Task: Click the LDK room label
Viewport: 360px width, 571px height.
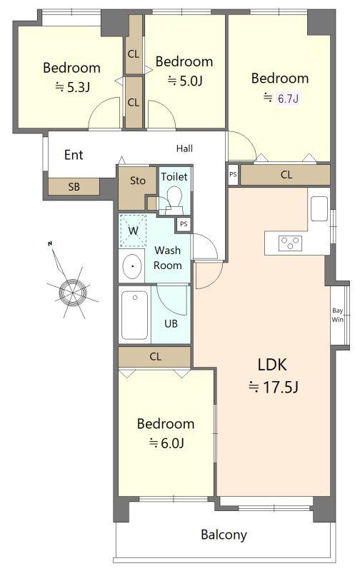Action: [x=272, y=365]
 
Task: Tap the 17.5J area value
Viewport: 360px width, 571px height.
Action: [x=280, y=387]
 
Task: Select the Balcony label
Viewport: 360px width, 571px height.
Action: [x=224, y=535]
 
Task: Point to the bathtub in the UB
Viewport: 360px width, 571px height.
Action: [x=134, y=315]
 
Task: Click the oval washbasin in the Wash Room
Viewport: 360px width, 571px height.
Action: [x=132, y=266]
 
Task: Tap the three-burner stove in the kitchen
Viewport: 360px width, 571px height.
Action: [x=290, y=243]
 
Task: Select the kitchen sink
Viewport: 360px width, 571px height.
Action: [x=319, y=208]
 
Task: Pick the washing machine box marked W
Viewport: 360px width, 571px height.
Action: [x=134, y=231]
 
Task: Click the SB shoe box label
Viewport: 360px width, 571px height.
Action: [x=74, y=187]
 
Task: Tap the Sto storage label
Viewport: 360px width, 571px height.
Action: [x=138, y=181]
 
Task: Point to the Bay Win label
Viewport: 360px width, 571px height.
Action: [x=337, y=315]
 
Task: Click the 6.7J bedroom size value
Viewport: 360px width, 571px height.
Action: [x=289, y=98]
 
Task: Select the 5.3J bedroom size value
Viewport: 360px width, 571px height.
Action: [x=77, y=87]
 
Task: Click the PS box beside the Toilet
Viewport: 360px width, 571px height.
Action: [x=184, y=224]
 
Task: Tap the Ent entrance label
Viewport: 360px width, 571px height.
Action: [x=74, y=155]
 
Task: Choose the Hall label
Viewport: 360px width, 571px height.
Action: [x=184, y=148]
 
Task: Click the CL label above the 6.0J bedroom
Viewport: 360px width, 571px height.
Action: [x=155, y=356]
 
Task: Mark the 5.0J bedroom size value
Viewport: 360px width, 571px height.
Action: [x=190, y=81]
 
